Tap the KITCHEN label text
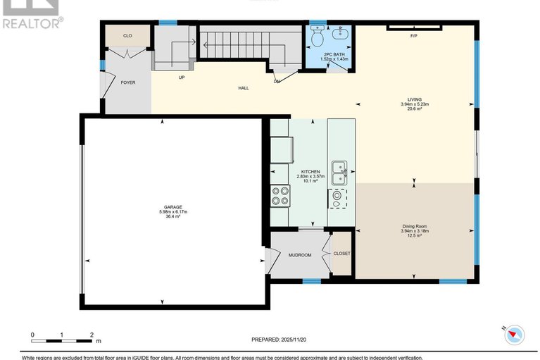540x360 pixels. pyautogui.click(x=310, y=171)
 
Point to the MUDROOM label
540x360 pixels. pyautogui.click(x=300, y=254)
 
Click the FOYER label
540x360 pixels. pyautogui.click(x=127, y=82)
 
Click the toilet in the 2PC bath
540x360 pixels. pyautogui.click(x=318, y=33)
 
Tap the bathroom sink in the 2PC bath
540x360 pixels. pyautogui.click(x=341, y=33)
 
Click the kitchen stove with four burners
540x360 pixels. pyautogui.click(x=280, y=194)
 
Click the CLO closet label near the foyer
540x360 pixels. pyautogui.click(x=127, y=35)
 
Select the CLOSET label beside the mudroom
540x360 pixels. pyautogui.click(x=341, y=254)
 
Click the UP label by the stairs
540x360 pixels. pyautogui.click(x=181, y=77)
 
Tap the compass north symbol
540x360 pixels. pyautogui.click(x=513, y=334)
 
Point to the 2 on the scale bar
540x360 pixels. pyautogui.click(x=92, y=335)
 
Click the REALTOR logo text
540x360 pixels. pyautogui.click(x=32, y=23)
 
